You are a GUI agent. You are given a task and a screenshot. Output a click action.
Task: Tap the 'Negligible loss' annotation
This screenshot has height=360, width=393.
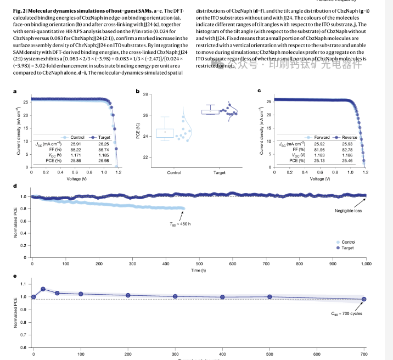pyautogui.click(x=350, y=211)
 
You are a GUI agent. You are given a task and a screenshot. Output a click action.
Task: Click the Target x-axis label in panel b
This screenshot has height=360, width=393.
pyautogui.click(x=219, y=172)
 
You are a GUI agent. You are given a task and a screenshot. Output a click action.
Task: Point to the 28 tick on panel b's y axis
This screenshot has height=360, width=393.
pyautogui.click(x=145, y=94)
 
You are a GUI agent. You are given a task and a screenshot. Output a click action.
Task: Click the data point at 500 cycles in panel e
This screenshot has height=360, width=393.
pyautogui.click(x=270, y=297)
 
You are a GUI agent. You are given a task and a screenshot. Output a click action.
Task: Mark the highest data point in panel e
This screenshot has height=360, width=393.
pyautogui.click(x=43, y=289)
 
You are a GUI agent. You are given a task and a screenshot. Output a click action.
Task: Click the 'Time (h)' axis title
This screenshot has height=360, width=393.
pyautogui.click(x=199, y=270)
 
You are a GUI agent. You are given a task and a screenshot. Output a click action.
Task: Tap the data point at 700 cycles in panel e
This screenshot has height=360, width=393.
pyautogui.click(x=364, y=299)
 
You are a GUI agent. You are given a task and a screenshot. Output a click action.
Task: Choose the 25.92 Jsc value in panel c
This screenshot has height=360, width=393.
pyautogui.click(x=322, y=144)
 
